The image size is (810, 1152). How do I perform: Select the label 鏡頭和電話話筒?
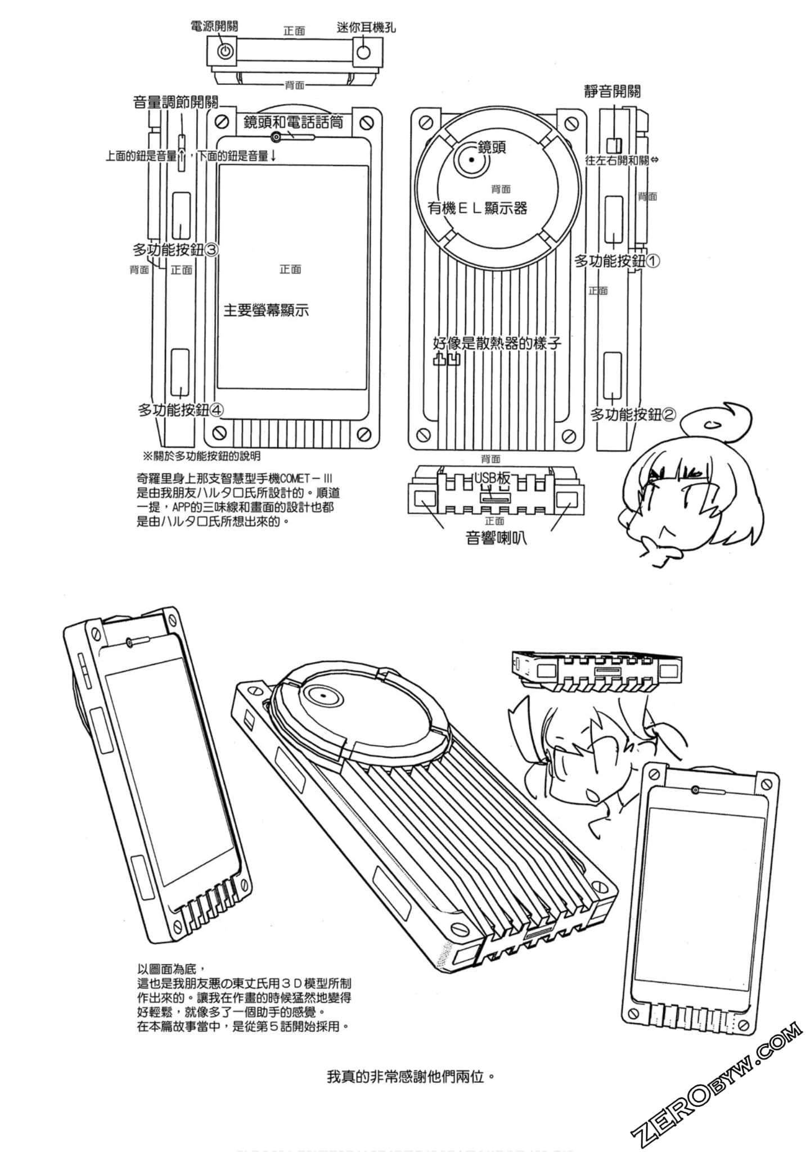coord(293,122)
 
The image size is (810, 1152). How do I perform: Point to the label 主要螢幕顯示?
coord(266,310)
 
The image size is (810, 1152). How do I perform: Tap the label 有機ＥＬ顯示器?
coord(477,208)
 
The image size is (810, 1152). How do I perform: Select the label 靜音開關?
coord(612,91)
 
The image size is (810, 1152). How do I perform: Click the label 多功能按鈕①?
coord(617,261)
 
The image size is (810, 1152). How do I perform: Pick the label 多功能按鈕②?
coord(633,415)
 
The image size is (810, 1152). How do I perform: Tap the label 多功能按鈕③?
coord(175,249)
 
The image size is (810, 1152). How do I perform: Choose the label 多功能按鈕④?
coord(181,410)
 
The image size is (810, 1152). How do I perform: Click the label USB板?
coord(492,478)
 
